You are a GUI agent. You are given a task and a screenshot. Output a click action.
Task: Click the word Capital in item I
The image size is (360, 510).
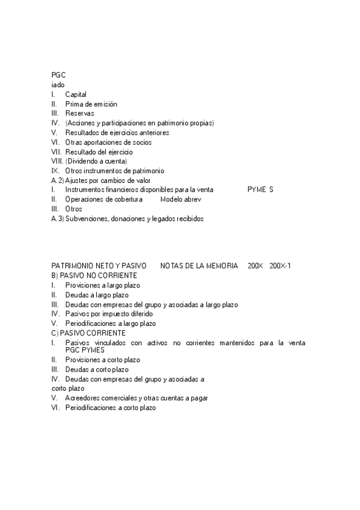76,94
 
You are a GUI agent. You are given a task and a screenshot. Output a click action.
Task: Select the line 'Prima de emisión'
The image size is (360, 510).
91,104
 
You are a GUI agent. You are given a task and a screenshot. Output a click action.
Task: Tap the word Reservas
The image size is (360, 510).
79,114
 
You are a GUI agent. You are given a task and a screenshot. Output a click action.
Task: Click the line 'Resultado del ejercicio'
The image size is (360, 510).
99,152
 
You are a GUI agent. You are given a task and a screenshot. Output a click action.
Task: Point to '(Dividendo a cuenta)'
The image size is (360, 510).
96,161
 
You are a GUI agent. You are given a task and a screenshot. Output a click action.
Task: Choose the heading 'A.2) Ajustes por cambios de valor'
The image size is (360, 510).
101,180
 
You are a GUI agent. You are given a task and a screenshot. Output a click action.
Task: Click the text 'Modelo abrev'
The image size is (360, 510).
180,199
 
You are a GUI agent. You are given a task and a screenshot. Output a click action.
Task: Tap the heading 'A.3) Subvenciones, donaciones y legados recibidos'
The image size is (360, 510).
127,219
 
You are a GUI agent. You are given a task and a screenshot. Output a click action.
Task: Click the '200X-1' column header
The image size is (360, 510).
281,266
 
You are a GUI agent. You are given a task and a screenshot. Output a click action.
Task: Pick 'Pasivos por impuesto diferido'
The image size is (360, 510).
109,314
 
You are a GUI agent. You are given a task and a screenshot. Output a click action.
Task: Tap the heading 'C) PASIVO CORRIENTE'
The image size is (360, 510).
88,333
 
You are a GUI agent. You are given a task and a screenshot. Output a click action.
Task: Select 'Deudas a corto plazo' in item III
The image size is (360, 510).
96,369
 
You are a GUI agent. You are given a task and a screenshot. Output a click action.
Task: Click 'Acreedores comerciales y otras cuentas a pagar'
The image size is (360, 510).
136,398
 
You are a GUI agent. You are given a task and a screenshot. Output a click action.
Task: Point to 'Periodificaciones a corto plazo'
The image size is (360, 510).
110,408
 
